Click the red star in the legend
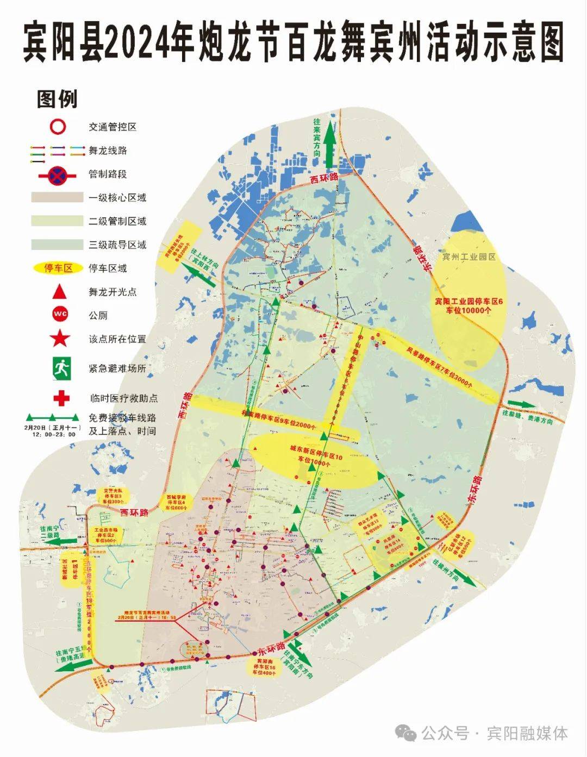click(x=60, y=338)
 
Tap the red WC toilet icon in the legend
click(x=60, y=315)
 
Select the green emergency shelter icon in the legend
click(x=61, y=368)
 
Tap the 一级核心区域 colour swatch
click(x=57, y=197)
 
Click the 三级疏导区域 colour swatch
click(x=57, y=245)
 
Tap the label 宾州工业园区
click(x=469, y=256)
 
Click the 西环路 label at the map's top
click(x=324, y=178)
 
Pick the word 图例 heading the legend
click(x=57, y=99)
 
